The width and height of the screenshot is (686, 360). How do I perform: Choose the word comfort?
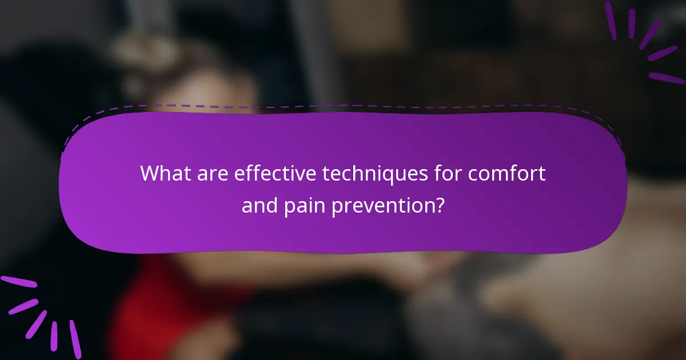pyautogui.click(x=508, y=173)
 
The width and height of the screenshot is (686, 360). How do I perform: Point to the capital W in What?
pyautogui.click(x=150, y=173)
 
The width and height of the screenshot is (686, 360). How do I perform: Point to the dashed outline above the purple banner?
pyautogui.click(x=343, y=106)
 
